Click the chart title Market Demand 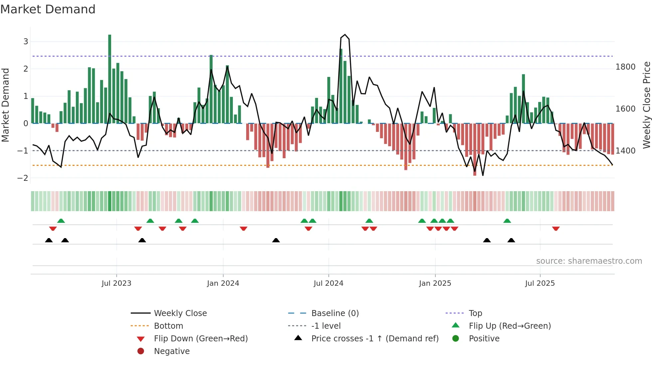pyautogui.click(x=48, y=9)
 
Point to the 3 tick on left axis pyautogui.click(x=26, y=42)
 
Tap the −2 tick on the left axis pyautogui.click(x=23, y=178)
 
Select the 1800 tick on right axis pyautogui.click(x=625, y=67)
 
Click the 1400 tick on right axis pyautogui.click(x=625, y=151)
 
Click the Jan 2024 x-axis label pyautogui.click(x=223, y=283)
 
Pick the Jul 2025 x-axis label pyautogui.click(x=540, y=283)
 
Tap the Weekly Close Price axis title pyautogui.click(x=646, y=105)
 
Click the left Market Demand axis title pyautogui.click(x=6, y=105)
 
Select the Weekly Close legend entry pyautogui.click(x=180, y=313)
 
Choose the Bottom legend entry pyautogui.click(x=168, y=326)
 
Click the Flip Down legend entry pyautogui.click(x=201, y=339)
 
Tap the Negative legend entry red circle pyautogui.click(x=141, y=351)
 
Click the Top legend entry pyautogui.click(x=475, y=313)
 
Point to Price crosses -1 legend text pyautogui.click(x=375, y=339)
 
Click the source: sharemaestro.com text pyautogui.click(x=589, y=261)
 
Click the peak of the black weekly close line pyautogui.click(x=345, y=35)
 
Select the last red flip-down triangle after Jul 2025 pyautogui.click(x=556, y=228)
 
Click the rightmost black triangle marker pyautogui.click(x=511, y=240)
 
